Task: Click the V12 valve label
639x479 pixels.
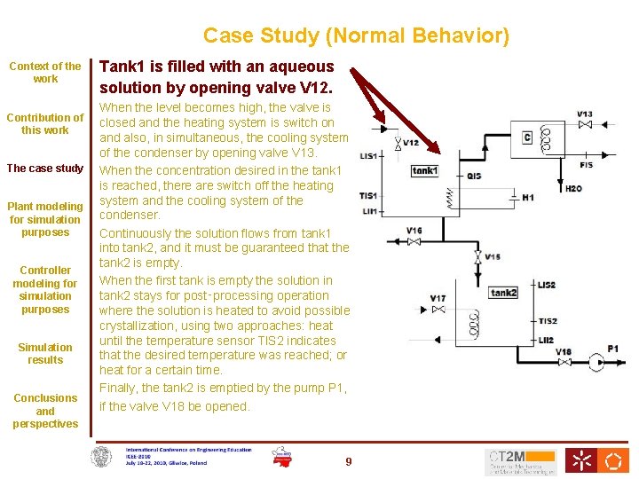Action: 411,143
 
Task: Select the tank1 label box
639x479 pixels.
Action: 425,170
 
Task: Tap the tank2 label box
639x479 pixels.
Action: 504,293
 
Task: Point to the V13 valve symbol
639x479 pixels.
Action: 585,126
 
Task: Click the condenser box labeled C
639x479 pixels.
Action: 527,137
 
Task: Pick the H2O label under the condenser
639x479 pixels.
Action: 574,188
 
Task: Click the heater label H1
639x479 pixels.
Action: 528,197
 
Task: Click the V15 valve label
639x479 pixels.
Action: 493,257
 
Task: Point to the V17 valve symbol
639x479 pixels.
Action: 438,310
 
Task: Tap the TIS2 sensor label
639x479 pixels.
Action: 548,321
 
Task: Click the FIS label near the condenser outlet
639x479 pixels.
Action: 587,165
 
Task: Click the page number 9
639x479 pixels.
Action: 349,461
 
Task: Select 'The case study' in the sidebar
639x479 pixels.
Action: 45,169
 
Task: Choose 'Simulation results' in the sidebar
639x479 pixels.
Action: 45,353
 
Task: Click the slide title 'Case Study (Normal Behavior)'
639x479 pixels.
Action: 356,36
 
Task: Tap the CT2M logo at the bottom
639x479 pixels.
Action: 520,460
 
